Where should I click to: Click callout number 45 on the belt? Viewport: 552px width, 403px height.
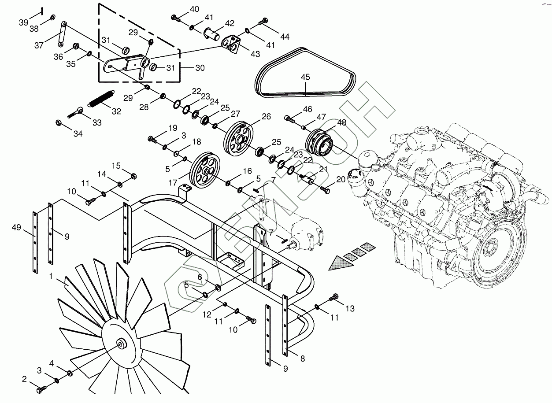(x=305, y=77)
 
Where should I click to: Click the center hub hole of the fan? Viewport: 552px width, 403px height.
(x=120, y=344)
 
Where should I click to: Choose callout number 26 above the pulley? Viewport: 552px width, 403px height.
(x=266, y=116)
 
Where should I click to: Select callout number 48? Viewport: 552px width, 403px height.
(x=341, y=123)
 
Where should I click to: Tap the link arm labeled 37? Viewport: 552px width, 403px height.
(x=62, y=33)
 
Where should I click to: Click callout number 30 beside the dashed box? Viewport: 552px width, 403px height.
(x=200, y=68)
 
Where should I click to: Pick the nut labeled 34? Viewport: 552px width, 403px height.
(x=58, y=122)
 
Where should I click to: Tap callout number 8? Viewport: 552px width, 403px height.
(x=302, y=359)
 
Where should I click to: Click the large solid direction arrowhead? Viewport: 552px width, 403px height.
(x=340, y=263)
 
